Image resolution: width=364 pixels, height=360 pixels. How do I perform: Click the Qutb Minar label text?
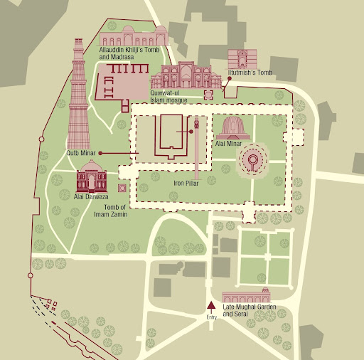(81, 152)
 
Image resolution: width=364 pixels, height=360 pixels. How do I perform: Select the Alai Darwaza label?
(90, 197)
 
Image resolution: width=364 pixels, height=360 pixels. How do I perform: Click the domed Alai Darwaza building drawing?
(92, 175)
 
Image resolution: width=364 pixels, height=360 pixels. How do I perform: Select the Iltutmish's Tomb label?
(250, 73)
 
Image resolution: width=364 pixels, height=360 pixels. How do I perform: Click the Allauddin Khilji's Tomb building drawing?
(134, 36)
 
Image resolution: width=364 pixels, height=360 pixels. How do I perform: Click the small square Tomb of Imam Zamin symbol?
(122, 188)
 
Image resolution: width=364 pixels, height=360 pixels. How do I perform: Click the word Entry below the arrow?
(210, 317)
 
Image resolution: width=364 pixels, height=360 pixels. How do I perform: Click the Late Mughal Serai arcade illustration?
(246, 297)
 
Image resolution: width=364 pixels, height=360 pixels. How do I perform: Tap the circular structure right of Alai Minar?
(252, 161)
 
